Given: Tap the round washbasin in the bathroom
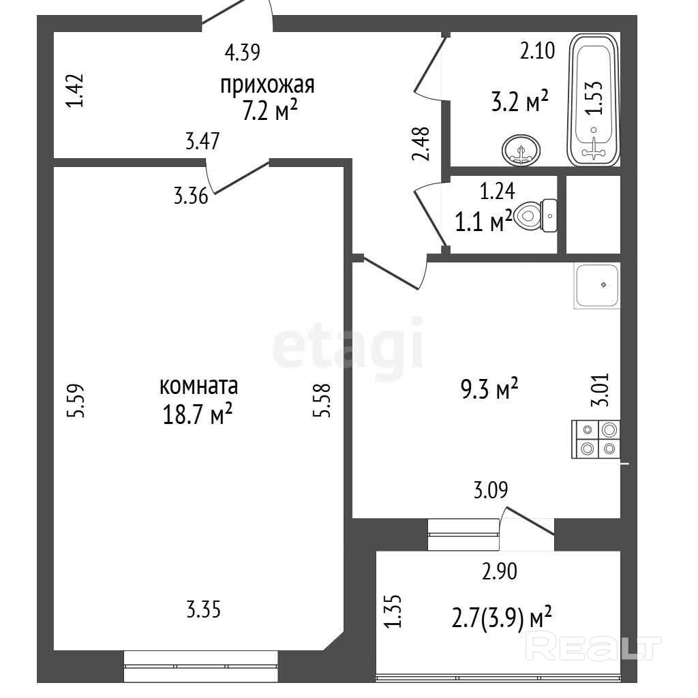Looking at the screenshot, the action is pos(521,150).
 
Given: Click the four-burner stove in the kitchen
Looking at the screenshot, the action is pos(596,439).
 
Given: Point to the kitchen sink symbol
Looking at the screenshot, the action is pos(596,286).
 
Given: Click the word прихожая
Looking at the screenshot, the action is pos(267,85).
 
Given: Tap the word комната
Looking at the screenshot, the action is pos(198,386).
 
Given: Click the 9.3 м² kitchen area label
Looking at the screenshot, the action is pos(489,389).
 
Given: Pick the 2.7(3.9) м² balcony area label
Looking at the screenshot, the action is pos(501,618).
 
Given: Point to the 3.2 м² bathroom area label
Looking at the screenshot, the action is pos(519,102).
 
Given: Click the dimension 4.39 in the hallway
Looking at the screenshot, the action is pos(242,52).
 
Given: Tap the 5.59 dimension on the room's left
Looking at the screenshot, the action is pos(75,400).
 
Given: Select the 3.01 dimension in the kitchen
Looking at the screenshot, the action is pos(599,389).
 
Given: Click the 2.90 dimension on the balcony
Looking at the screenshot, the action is pos(500,571).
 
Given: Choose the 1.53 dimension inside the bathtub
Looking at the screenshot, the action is pos(594,98).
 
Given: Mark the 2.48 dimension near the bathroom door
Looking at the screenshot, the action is pos(421,143).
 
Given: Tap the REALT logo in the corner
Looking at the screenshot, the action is pos(593,648).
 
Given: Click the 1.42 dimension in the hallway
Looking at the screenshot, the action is pos(74,91).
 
